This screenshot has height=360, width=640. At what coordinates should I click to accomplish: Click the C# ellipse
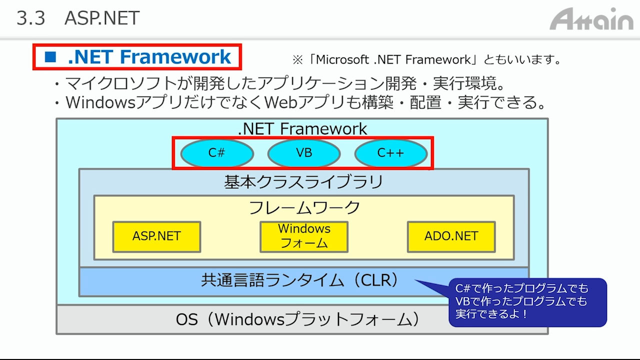[217, 153]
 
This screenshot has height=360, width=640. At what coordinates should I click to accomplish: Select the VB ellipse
[304, 153]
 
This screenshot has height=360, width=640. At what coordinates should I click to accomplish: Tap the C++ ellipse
[391, 153]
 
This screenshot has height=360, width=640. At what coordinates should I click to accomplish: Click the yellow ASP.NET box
[156, 237]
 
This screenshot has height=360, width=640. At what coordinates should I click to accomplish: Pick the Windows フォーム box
[304, 237]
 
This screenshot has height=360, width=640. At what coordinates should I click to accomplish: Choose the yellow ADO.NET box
[451, 237]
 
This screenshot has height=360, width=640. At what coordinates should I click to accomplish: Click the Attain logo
[591, 19]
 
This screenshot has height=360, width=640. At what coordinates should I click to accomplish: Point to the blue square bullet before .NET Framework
[50, 56]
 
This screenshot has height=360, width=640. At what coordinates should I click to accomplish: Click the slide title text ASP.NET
[102, 18]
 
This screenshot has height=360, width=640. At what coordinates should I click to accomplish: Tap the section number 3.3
[31, 18]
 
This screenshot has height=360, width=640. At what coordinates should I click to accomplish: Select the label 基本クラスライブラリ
[303, 181]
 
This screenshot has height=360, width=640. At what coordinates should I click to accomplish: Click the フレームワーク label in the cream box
[304, 207]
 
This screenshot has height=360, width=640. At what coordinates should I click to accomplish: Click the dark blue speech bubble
[527, 302]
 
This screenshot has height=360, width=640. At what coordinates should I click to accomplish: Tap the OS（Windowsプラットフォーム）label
[297, 319]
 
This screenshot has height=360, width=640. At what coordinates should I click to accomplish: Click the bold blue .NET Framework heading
[149, 56]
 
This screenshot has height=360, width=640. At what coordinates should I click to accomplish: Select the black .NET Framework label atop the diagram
[302, 128]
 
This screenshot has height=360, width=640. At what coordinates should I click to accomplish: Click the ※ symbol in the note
[297, 60]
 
